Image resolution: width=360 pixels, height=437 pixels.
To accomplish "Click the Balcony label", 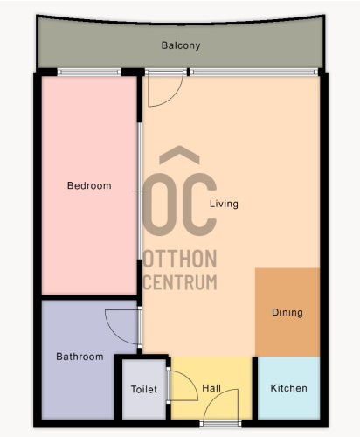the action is coord(181,45).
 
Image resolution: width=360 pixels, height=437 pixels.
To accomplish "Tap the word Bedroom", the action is coord(89,185).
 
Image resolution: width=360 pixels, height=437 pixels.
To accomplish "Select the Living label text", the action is coord(224,204).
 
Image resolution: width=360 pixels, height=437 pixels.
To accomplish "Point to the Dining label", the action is coord(287,312).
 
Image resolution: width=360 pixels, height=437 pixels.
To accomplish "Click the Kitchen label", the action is coord(288,388).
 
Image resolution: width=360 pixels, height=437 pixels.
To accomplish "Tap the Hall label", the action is coord(211,388).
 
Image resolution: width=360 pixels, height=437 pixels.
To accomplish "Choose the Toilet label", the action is coord(144,389).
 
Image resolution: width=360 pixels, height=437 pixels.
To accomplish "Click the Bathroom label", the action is coord(80,357).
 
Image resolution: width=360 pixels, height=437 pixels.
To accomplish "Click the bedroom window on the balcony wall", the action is coord(89,72).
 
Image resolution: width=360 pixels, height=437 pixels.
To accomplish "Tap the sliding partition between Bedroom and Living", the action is coord(140,191).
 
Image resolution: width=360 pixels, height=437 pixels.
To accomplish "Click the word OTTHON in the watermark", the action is coord(180,259).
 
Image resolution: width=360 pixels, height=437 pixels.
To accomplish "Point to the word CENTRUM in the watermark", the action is coord(180,282).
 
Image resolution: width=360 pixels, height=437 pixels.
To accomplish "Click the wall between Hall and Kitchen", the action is coord(255,388).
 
